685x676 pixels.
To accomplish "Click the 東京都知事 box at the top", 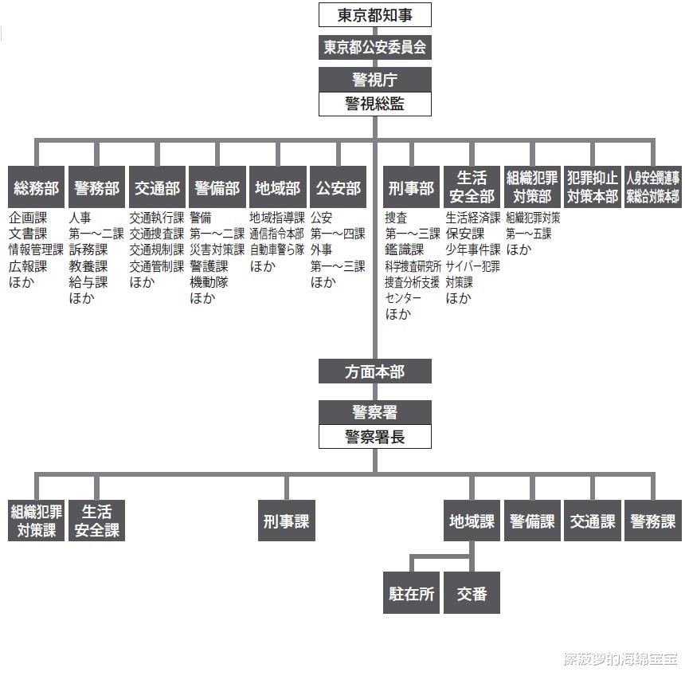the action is click(x=374, y=15).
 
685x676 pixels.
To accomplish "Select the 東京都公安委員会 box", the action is click(x=374, y=47).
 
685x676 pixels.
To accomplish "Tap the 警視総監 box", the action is click(x=374, y=104).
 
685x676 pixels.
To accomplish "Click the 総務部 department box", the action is click(x=36, y=188).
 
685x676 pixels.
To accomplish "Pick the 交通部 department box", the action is click(x=157, y=188).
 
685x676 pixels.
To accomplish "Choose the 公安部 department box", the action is click(x=339, y=188).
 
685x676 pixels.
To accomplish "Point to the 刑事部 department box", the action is click(x=411, y=188).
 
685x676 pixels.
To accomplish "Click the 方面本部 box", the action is click(x=374, y=371).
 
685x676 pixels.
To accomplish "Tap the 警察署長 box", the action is click(x=374, y=437).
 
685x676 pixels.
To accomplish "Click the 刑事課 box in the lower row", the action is click(x=285, y=521).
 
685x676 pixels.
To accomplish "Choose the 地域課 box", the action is click(x=472, y=521).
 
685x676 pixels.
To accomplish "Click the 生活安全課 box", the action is click(x=97, y=521).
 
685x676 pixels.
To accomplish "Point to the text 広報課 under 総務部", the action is click(x=28, y=266).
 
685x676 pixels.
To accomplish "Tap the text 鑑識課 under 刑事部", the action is click(x=405, y=250).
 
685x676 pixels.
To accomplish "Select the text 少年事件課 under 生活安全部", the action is click(x=473, y=250).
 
